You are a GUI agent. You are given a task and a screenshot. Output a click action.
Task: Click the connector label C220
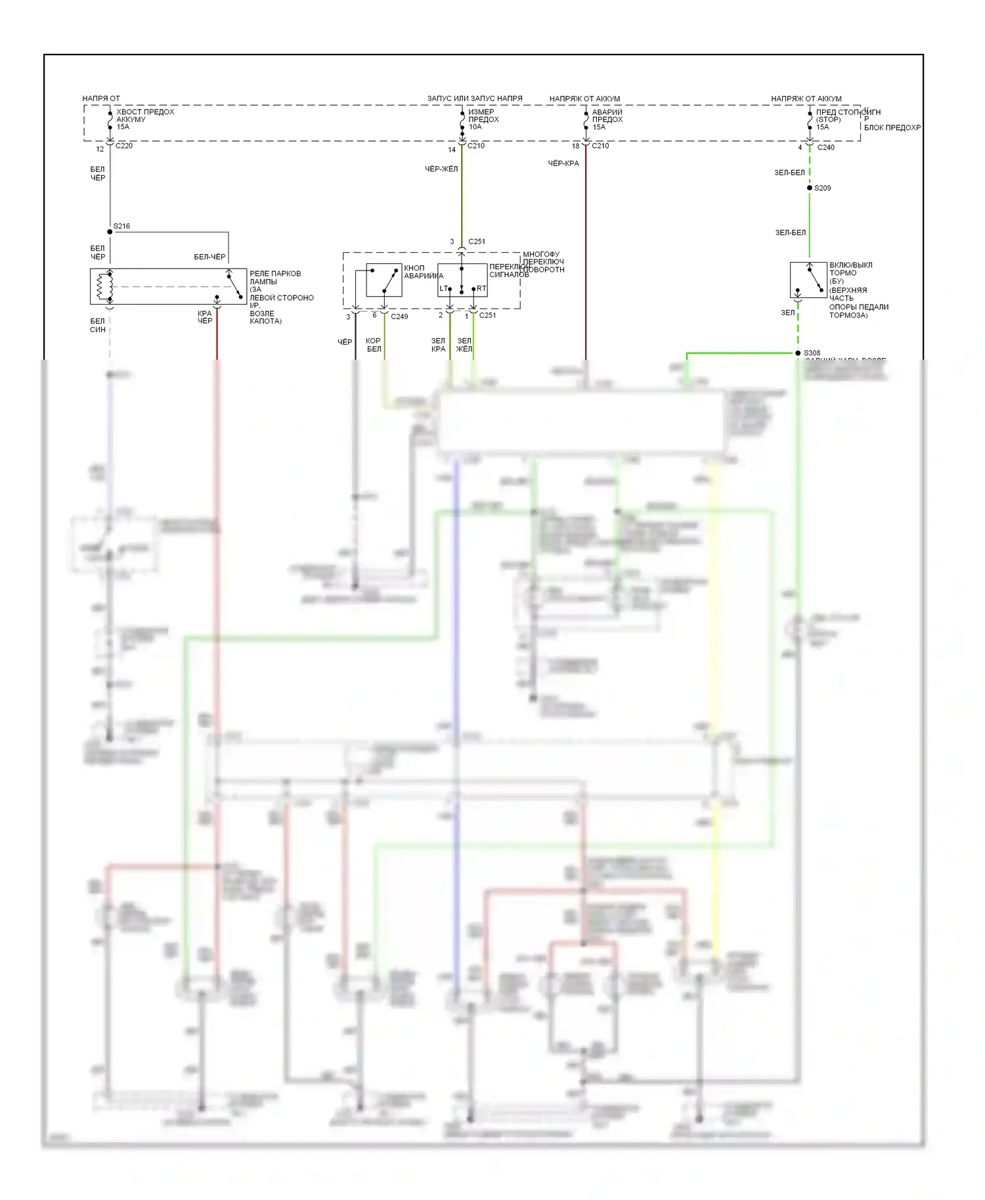[124, 146]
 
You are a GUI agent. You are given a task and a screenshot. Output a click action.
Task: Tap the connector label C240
[825, 148]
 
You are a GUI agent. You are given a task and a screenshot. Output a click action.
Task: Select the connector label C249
[399, 316]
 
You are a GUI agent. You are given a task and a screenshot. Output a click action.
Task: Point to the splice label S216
[121, 226]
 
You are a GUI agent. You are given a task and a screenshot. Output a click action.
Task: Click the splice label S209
[822, 188]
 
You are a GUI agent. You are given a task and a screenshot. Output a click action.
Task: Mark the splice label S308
[812, 353]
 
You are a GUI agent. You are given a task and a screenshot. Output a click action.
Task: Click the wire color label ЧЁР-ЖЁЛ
[441, 169]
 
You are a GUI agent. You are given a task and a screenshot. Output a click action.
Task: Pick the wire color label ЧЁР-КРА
[563, 163]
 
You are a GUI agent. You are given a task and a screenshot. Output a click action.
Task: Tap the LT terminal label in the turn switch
[443, 289]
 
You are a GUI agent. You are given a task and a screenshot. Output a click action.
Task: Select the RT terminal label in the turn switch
[481, 289]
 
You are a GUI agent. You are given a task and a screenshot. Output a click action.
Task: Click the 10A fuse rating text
[475, 127]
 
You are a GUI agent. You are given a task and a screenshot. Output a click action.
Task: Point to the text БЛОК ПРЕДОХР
[892, 128]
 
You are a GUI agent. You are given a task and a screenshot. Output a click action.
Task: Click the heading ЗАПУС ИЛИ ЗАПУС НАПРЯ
[475, 99]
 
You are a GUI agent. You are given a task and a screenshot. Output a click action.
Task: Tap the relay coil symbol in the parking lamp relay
[101, 286]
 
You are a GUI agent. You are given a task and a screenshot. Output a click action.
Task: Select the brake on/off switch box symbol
[808, 280]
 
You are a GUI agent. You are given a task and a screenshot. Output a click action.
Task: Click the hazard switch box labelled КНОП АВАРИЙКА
[383, 280]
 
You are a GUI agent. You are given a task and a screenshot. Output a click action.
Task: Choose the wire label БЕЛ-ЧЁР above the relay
[209, 257]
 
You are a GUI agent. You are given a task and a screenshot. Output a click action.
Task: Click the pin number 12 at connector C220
[100, 150]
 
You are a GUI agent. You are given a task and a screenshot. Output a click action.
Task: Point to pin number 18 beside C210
[575, 146]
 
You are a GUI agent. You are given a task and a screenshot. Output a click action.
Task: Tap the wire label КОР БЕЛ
[374, 345]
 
